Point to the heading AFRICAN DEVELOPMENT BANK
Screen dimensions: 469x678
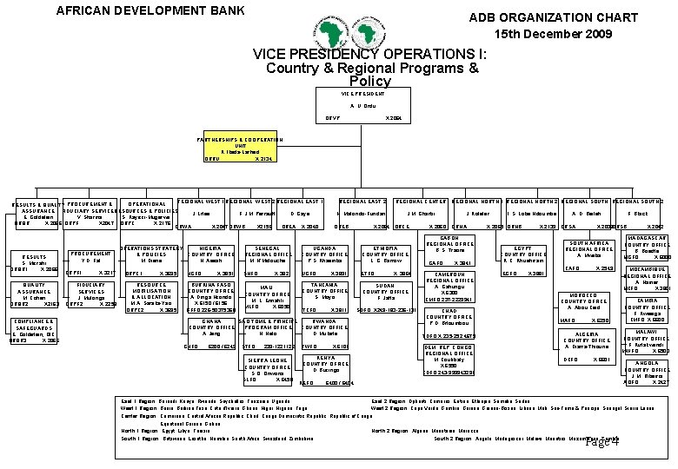[150, 11]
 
